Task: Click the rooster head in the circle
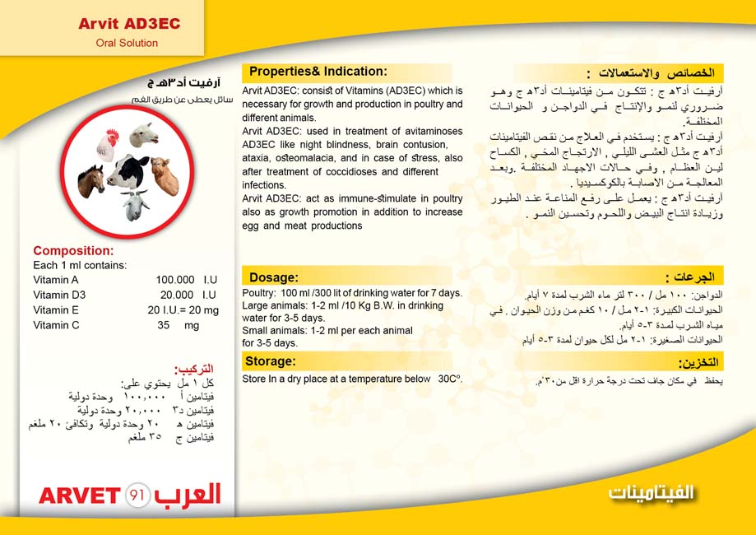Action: [x=108, y=144]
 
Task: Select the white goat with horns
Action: [x=136, y=206]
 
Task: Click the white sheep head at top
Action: [x=144, y=134]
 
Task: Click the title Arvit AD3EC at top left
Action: [x=129, y=24]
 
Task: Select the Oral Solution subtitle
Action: [x=127, y=43]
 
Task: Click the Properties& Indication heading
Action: [x=318, y=72]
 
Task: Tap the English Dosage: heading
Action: [x=273, y=277]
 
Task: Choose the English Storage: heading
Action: [x=271, y=361]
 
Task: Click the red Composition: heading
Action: [x=73, y=251]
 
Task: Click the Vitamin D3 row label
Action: [x=59, y=295]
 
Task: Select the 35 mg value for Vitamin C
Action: [x=178, y=325]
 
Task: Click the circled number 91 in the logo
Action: [x=137, y=495]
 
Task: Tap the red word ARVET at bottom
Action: [x=80, y=495]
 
